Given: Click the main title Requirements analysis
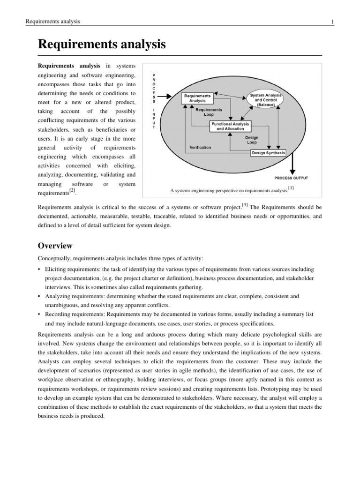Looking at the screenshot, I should point(102,45).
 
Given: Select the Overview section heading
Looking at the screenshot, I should point(55,246).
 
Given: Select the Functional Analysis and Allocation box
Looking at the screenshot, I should point(230,126).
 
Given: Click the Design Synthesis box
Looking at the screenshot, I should point(268,153).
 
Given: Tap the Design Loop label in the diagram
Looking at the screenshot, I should point(252,140).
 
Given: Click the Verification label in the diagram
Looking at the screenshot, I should point(200,147).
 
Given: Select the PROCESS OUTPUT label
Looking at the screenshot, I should point(291,178).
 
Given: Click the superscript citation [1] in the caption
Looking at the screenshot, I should point(291,187).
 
